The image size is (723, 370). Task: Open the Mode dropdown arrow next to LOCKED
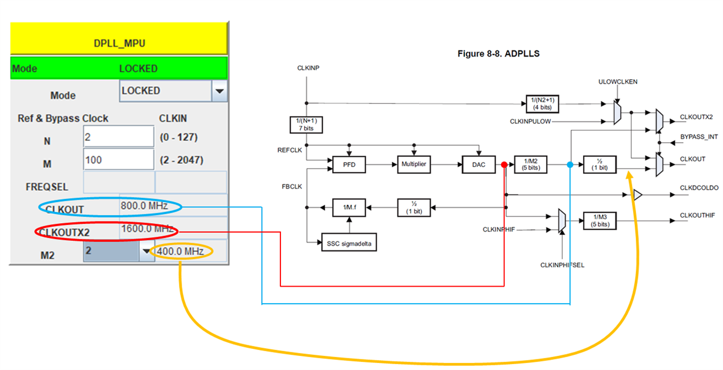[x=219, y=91]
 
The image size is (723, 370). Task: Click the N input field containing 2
[x=118, y=137]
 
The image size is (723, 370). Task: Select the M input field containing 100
[x=118, y=160]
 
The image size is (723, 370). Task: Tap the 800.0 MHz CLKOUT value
[x=144, y=206]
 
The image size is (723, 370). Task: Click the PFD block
[x=349, y=165]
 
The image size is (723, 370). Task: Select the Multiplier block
[x=414, y=165]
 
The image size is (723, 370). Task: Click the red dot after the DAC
[x=504, y=165]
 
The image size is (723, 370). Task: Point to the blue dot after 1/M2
[x=570, y=165]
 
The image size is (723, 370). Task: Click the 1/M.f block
[x=349, y=207]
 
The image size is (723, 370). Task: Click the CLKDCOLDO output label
[x=699, y=188]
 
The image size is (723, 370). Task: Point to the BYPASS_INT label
[x=698, y=136]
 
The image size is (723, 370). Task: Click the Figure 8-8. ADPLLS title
[x=498, y=53]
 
